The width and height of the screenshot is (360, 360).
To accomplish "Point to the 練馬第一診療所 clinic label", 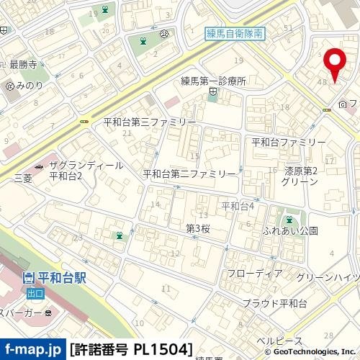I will (x=214, y=82).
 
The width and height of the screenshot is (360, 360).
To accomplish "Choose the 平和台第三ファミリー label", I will (x=145, y=122).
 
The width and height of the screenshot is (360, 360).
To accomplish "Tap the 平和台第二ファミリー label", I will (x=189, y=174).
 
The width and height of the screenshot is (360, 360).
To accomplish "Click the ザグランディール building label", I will (x=86, y=166).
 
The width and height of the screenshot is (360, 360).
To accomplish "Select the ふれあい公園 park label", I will (x=291, y=231).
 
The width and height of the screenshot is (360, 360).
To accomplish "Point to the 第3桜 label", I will (x=197, y=229).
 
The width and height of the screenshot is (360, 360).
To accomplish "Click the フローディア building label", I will (x=254, y=274).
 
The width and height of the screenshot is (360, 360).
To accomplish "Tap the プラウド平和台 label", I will (x=274, y=303).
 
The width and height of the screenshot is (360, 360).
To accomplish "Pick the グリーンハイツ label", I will (x=327, y=277).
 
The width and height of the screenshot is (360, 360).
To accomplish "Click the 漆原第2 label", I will (x=301, y=171).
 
